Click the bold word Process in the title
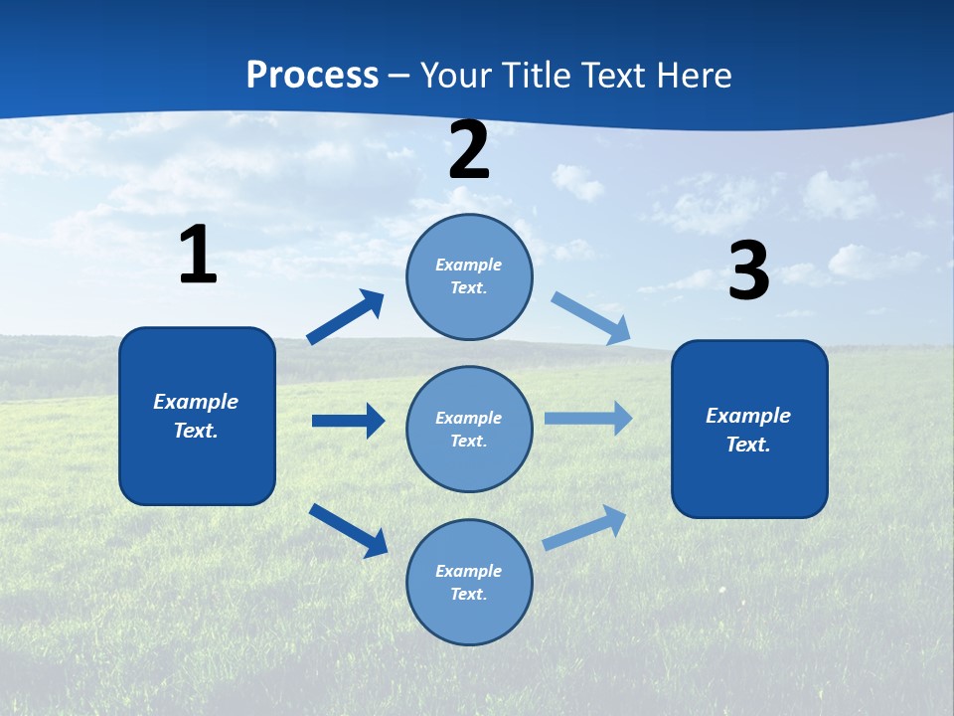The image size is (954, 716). [312, 76]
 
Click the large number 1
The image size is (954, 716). [198, 255]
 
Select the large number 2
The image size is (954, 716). [469, 150]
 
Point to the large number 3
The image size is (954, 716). [748, 271]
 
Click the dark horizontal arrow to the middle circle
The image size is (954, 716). [349, 421]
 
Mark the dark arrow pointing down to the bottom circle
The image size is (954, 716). [349, 529]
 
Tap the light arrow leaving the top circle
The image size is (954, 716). [590, 318]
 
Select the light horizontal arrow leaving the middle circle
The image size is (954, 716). [587, 419]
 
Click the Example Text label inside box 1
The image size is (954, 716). [197, 416]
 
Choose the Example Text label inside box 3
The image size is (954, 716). [749, 430]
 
